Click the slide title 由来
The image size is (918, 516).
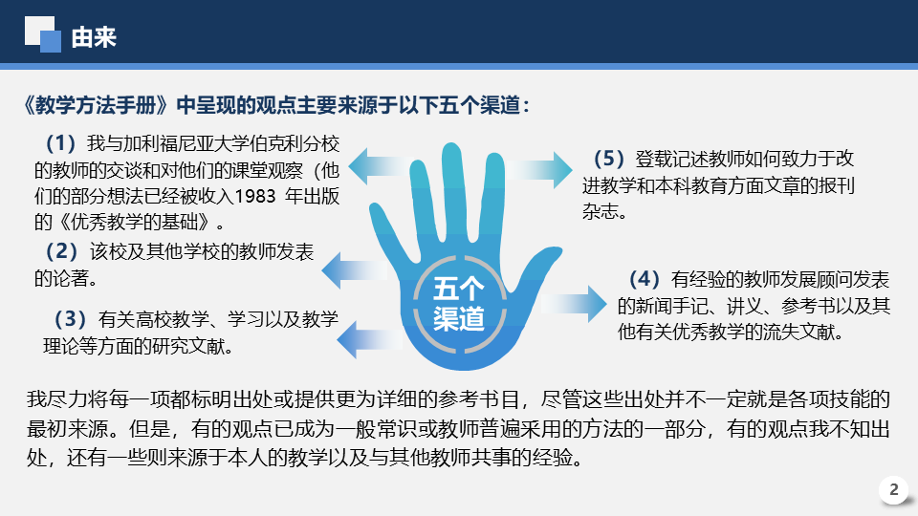coord(94,37)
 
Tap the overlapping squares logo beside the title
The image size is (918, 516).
coord(43,34)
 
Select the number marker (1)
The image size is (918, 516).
coord(61,143)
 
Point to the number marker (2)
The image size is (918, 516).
coord(61,251)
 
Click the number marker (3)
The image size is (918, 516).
coord(70,319)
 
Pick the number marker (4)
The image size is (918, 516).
coord(644,279)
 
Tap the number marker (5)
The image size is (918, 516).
coord(609,159)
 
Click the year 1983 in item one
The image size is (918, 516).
coord(255,196)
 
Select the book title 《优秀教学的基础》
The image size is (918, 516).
coord(134,222)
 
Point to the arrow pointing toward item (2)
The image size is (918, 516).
coord(354,270)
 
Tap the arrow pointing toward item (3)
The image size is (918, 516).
coord(369,340)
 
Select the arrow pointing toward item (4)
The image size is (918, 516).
coord(573,304)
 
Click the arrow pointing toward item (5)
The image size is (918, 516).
coord(538,170)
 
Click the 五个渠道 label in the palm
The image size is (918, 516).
coord(459,304)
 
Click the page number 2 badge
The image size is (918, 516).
coord(893,489)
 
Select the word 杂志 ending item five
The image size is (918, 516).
coord(601,211)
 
